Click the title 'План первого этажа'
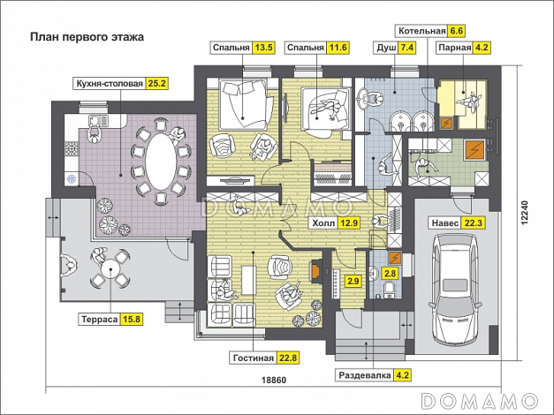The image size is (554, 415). [87, 38]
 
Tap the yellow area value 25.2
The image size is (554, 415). [158, 85]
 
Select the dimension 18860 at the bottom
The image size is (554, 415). [277, 381]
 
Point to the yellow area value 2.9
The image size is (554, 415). [353, 282]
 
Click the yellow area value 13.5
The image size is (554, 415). [263, 48]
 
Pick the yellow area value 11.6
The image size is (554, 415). [338, 48]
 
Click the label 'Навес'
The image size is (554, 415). [443, 223]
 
